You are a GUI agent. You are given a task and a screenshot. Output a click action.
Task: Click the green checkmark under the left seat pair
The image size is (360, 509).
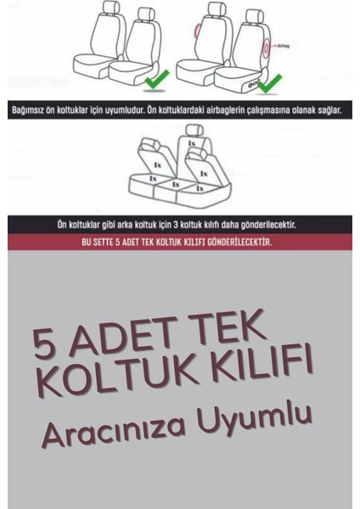(156, 83)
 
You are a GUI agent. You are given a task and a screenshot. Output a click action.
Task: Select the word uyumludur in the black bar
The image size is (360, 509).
(146, 110)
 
